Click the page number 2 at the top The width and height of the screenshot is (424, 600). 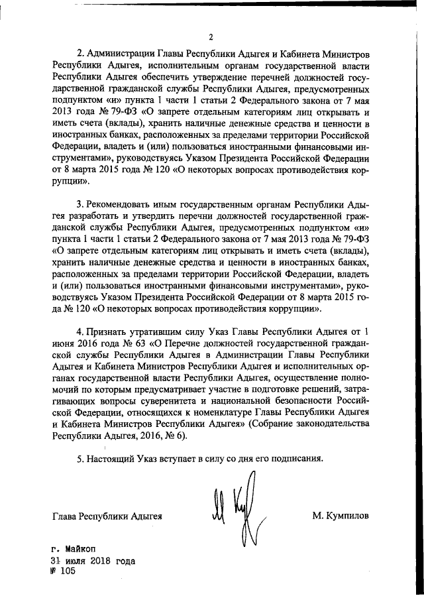211,36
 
